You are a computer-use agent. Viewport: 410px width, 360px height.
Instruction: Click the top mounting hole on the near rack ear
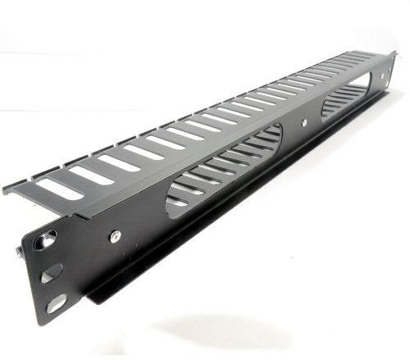click(x=47, y=240)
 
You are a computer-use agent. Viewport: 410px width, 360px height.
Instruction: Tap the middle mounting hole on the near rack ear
click(x=51, y=271)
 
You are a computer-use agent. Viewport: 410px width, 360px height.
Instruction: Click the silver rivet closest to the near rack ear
click(x=116, y=236)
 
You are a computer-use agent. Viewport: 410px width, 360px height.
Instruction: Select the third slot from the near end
click(x=118, y=162)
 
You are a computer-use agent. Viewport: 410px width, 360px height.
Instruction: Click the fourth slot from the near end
click(x=144, y=152)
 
